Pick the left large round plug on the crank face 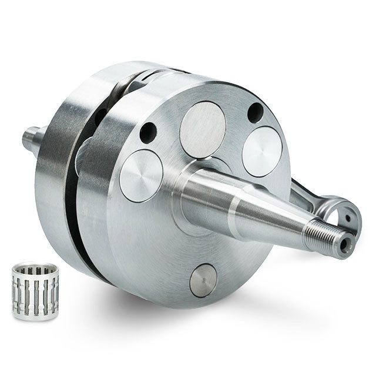pos(141,175)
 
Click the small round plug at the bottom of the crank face pos(203,280)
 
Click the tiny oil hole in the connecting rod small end pos(348,216)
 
